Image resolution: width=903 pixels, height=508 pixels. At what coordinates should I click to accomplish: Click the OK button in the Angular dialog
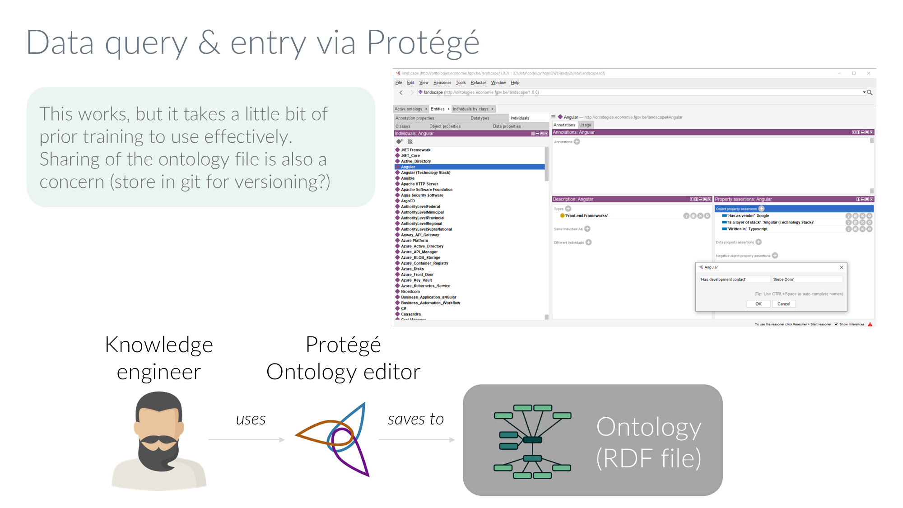(758, 304)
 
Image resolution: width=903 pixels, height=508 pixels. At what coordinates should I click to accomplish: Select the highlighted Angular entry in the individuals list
(408, 167)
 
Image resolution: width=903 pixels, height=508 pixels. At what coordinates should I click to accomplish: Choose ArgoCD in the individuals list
(408, 201)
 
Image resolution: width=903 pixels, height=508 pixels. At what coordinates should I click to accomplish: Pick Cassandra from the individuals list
(410, 314)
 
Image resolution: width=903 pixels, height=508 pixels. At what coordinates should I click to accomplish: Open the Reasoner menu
(442, 83)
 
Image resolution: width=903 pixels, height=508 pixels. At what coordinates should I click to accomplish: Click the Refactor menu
(478, 83)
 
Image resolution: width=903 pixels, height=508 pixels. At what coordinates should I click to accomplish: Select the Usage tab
(585, 125)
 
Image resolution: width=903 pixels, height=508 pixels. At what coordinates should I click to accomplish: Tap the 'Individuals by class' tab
(470, 109)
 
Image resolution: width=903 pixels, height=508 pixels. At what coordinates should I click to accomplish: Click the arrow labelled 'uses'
(247, 439)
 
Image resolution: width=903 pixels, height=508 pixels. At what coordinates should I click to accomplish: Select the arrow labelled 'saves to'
(416, 439)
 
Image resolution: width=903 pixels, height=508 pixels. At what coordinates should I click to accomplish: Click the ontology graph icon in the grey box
(532, 441)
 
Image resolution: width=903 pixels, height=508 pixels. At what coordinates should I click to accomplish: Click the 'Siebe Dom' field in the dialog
(806, 280)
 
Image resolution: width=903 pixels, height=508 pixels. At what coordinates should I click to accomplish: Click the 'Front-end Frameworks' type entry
(586, 216)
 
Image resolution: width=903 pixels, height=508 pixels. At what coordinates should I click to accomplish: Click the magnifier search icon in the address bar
(870, 93)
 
